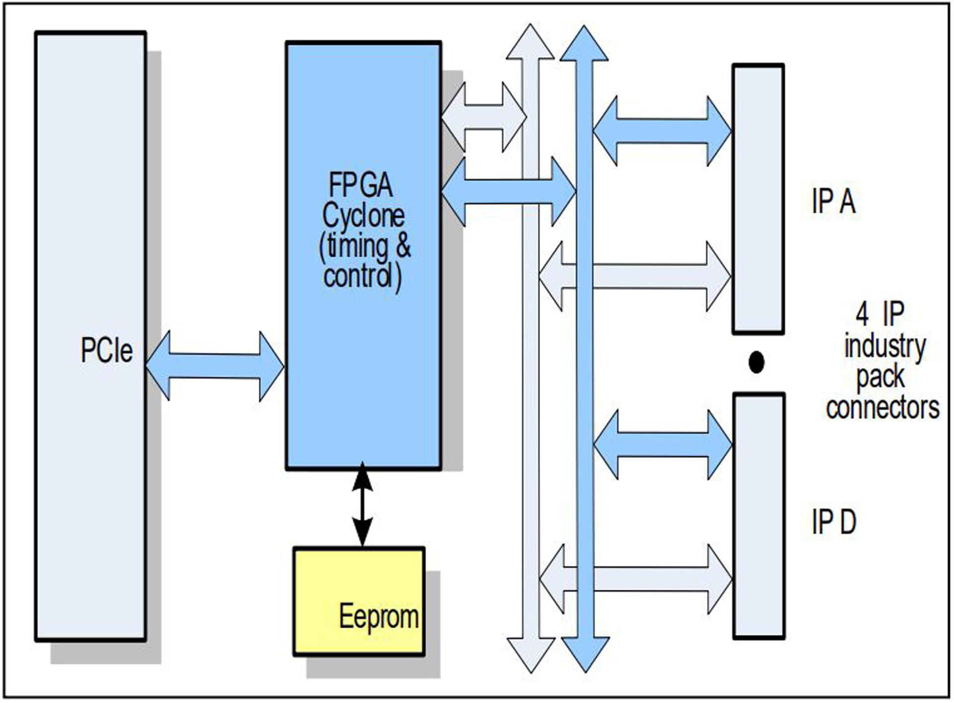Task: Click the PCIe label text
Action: click(x=106, y=351)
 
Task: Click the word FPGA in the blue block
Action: click(x=361, y=185)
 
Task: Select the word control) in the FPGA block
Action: click(x=362, y=276)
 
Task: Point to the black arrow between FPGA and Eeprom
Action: click(x=362, y=505)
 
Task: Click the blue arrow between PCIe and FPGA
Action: click(x=215, y=366)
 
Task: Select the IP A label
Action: click(x=833, y=201)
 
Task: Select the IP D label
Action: click(x=834, y=522)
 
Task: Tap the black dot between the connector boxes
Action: click(x=756, y=362)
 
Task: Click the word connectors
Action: click(x=882, y=408)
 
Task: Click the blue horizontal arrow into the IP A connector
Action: click(x=662, y=131)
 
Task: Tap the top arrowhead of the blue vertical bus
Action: click(x=584, y=45)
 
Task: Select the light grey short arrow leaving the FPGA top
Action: click(x=483, y=117)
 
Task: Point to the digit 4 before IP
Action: click(x=862, y=314)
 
